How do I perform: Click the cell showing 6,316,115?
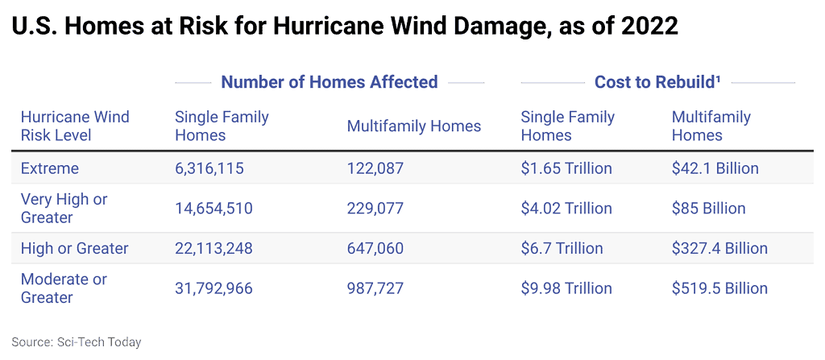point(209,168)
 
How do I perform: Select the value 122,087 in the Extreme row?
point(375,168)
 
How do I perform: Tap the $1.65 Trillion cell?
point(566,168)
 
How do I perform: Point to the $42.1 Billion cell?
point(715,168)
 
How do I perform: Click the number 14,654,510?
point(214,209)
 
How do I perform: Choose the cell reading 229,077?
point(375,209)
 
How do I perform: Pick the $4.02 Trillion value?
point(566,209)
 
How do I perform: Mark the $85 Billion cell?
point(709,209)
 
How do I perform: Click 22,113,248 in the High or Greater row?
point(214,249)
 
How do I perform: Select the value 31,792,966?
point(214,288)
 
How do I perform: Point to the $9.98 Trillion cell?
point(566,288)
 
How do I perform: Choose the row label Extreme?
point(50,168)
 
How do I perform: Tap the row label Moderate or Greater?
point(64,288)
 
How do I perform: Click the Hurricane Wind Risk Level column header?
point(75,126)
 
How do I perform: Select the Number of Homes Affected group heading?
point(330,82)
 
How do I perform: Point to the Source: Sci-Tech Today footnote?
point(77,342)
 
